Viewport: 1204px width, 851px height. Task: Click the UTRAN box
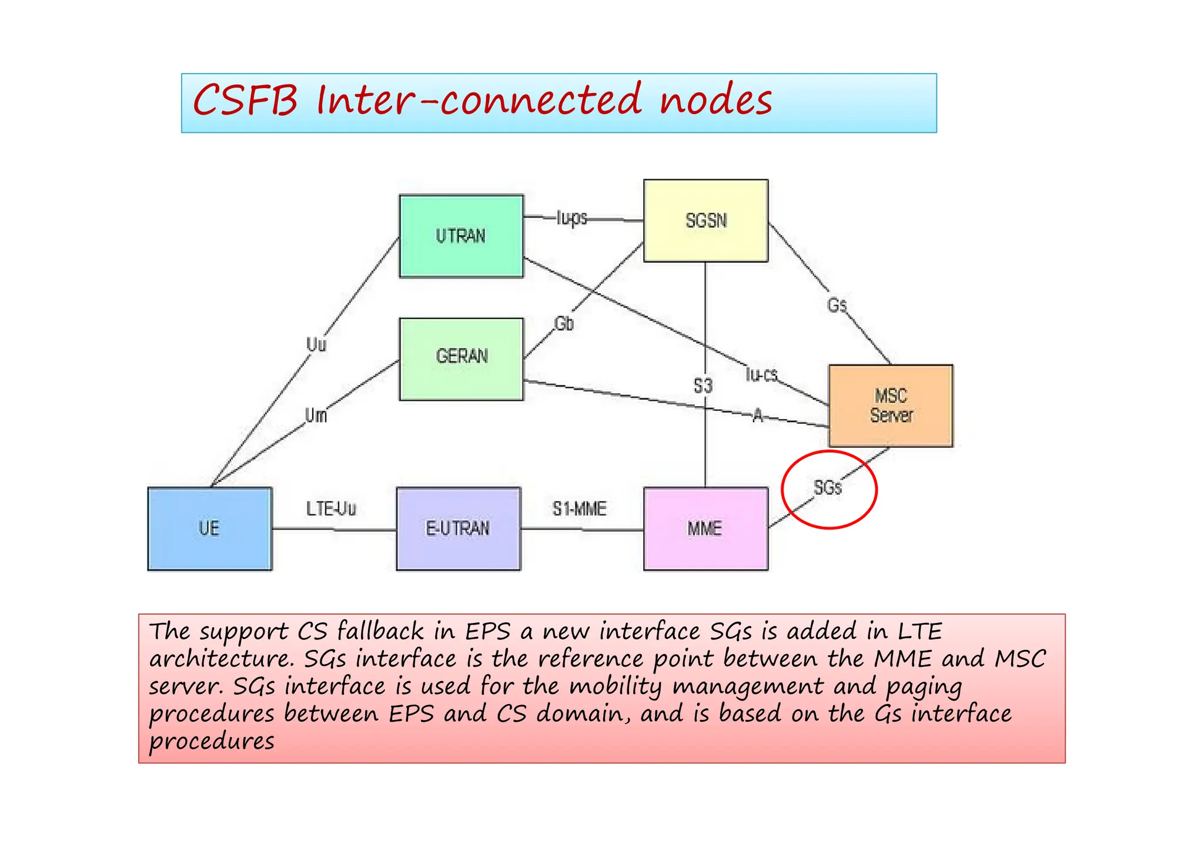tap(461, 236)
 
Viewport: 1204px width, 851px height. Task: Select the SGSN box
tap(705, 220)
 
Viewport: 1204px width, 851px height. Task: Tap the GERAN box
tap(461, 359)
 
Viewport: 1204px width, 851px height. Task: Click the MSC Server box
tap(891, 406)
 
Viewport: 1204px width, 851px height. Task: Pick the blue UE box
tap(209, 528)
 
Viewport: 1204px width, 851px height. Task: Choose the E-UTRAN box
tap(458, 528)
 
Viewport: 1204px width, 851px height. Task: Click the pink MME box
tap(705, 528)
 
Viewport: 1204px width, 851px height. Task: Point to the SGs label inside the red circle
tap(828, 487)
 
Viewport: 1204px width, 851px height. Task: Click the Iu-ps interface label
tap(571, 218)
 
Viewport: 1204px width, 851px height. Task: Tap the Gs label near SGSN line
tap(837, 305)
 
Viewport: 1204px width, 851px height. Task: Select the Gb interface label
tap(564, 323)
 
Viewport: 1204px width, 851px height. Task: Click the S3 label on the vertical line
tap(703, 386)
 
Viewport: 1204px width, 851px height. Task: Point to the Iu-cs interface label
tap(761, 374)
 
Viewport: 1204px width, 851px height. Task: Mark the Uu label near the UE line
tap(316, 344)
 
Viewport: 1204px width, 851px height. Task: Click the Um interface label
tap(316, 416)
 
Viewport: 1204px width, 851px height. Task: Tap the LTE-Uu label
tap(331, 508)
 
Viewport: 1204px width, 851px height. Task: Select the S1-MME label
tap(579, 509)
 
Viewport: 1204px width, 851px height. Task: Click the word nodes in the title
tap(715, 100)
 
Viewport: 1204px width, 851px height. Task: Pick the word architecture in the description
tap(220, 659)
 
